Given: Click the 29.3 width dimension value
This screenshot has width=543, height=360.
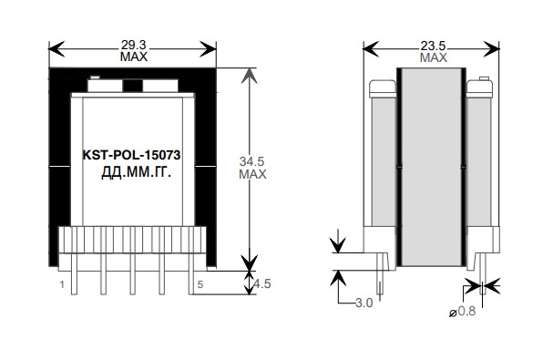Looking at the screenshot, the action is (133, 45).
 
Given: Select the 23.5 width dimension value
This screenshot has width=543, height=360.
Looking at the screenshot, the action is (433, 46).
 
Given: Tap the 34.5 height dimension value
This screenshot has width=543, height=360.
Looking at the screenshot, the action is (251, 161).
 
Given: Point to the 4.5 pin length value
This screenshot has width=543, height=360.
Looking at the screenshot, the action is (262, 283).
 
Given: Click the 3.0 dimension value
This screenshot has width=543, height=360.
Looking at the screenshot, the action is (364, 303).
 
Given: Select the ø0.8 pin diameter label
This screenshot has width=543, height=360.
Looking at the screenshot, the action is (462, 311).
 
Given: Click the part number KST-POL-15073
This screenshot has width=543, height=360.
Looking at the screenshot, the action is (131, 155).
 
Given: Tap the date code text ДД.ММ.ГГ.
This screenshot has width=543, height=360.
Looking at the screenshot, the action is (136, 172).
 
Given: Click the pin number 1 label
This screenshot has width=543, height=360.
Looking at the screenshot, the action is (62, 285).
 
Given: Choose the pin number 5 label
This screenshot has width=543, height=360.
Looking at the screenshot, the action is (200, 284).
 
